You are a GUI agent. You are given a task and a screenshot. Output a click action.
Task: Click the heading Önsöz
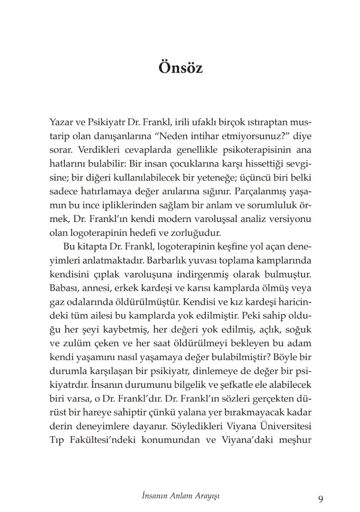(x=180, y=68)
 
